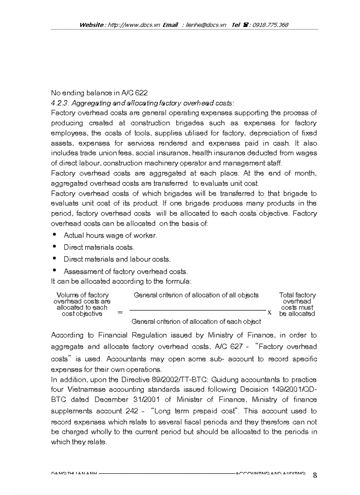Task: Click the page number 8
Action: point(315,475)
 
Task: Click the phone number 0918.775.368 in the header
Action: point(270,25)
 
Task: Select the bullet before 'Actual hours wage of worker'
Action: point(54,235)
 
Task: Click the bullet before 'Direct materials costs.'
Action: point(54,247)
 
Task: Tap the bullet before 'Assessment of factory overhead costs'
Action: point(54,271)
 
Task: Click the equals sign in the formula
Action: point(120,313)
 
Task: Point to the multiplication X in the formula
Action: point(269,313)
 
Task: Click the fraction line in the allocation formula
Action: point(197,311)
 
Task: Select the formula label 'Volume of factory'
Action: point(82,295)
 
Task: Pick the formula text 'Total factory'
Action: point(297,295)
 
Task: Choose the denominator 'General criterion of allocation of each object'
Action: point(196,322)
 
